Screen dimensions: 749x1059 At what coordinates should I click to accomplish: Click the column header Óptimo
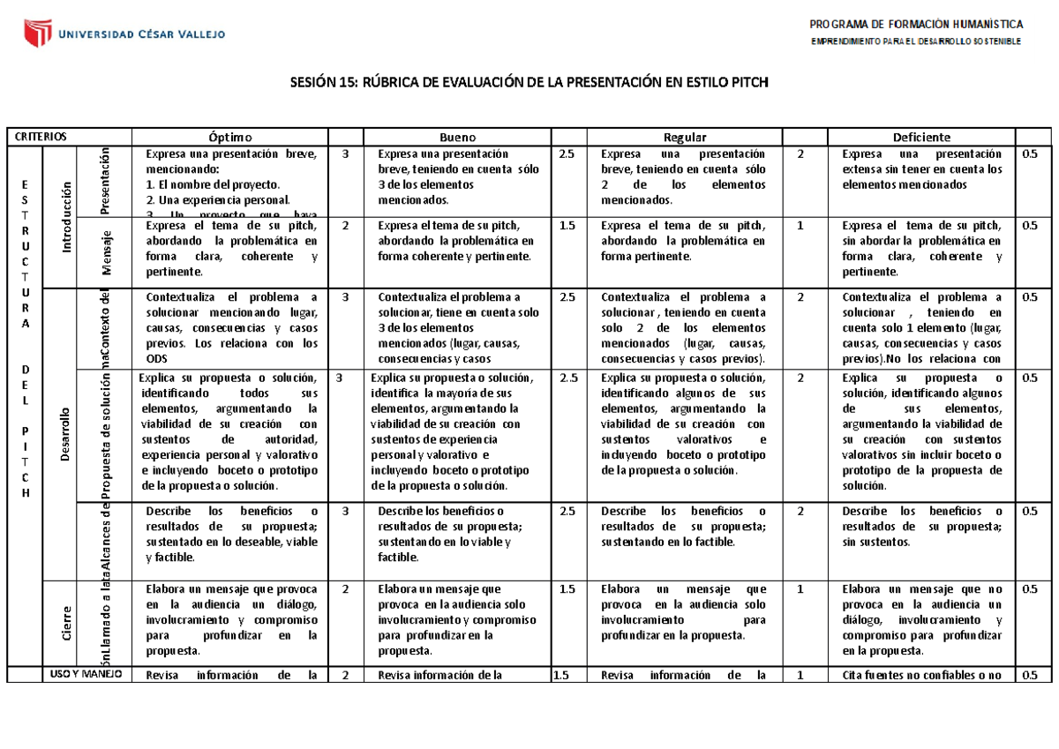(x=229, y=137)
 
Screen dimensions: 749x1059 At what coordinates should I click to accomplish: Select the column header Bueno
(x=458, y=137)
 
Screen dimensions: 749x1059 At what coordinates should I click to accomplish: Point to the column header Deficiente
(x=921, y=137)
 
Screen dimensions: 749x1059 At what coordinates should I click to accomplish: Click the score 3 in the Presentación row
(x=345, y=154)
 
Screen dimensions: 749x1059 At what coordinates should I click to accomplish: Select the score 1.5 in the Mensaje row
(x=566, y=225)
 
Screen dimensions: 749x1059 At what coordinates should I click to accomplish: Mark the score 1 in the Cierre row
(x=800, y=588)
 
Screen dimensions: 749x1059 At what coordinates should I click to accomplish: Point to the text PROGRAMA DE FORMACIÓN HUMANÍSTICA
(x=915, y=24)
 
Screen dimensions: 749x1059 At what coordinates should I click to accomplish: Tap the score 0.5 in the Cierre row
(x=1028, y=588)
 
